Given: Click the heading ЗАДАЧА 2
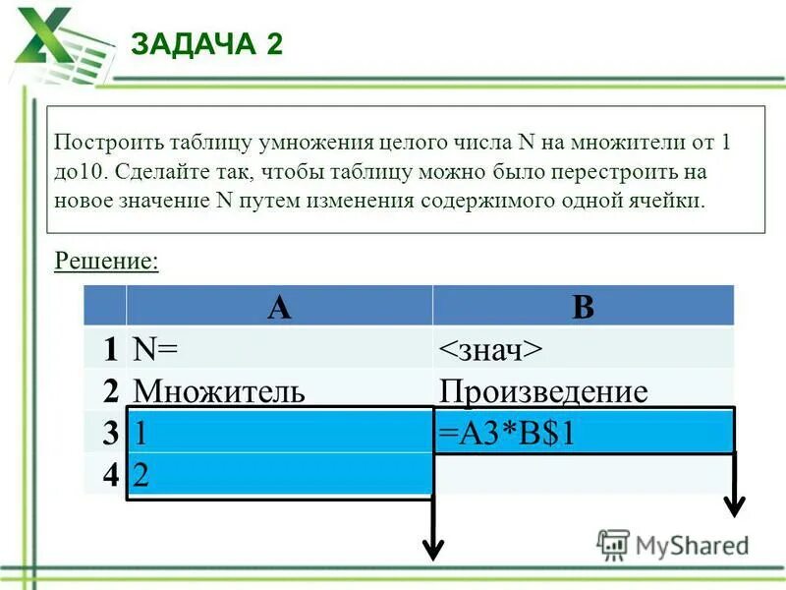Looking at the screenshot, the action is click(207, 45).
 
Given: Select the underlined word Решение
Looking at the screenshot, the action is click(106, 261).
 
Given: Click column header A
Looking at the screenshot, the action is click(279, 307).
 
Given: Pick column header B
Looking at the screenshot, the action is click(583, 307).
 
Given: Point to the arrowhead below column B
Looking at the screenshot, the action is click(733, 505).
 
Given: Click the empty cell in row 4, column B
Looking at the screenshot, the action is click(583, 475).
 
